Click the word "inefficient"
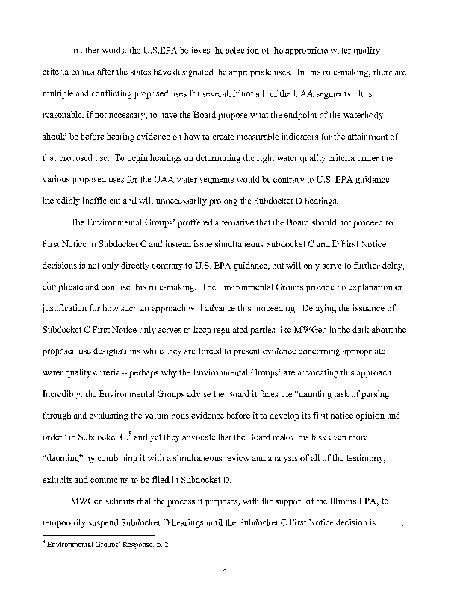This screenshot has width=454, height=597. coord(111,180)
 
